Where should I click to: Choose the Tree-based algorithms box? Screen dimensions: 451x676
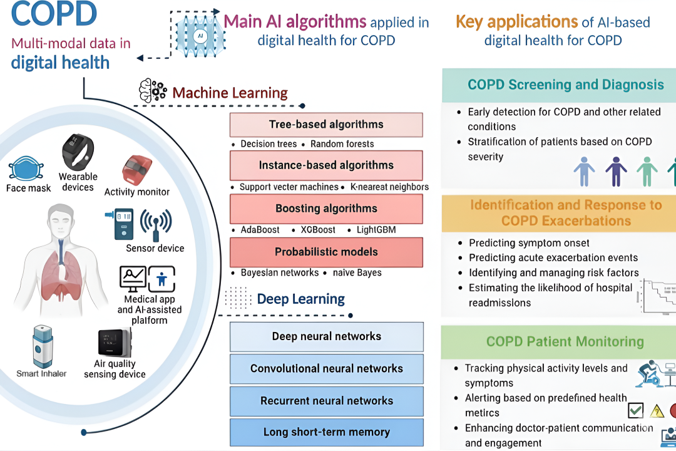click(x=326, y=124)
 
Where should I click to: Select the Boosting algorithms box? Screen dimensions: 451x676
click(x=326, y=208)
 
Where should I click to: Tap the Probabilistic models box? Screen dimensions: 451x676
click(x=326, y=252)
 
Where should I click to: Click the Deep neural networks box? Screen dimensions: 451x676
click(x=326, y=336)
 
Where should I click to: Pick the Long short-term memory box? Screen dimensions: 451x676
click(x=326, y=432)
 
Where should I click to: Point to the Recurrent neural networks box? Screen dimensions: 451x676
click(x=326, y=401)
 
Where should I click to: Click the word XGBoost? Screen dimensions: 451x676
click(x=319, y=230)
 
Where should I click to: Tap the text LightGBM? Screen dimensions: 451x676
click(x=376, y=230)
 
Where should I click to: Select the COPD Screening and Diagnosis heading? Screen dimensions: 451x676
click(x=565, y=85)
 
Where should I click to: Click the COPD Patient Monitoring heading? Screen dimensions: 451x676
click(x=565, y=341)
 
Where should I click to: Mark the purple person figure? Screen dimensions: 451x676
click(x=616, y=170)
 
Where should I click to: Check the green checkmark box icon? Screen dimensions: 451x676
click(x=635, y=410)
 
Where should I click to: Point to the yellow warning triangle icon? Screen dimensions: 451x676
click(x=657, y=411)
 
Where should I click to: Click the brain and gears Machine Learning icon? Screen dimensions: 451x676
click(x=152, y=91)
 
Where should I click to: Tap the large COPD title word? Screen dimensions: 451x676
click(x=55, y=15)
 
